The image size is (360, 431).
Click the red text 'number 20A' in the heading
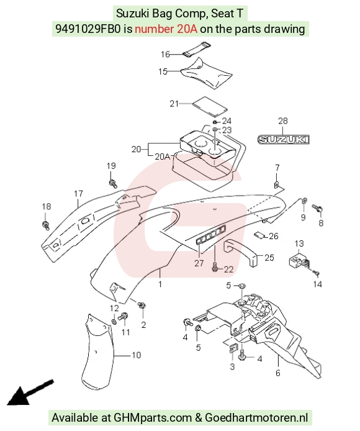pos(166,29)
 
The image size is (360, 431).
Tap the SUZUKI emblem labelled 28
pos(284,139)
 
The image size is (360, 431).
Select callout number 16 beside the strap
pos(166,54)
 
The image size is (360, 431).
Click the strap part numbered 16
pos(196,50)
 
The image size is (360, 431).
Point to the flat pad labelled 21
pos(210,106)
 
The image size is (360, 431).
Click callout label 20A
pos(163,157)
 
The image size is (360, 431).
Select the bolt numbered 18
pos(45,225)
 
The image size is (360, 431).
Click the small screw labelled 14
pos(315,273)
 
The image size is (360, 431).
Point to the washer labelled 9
pos(304,200)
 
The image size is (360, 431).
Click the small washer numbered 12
pos(114,321)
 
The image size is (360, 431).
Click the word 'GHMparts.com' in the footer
pos(153,417)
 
